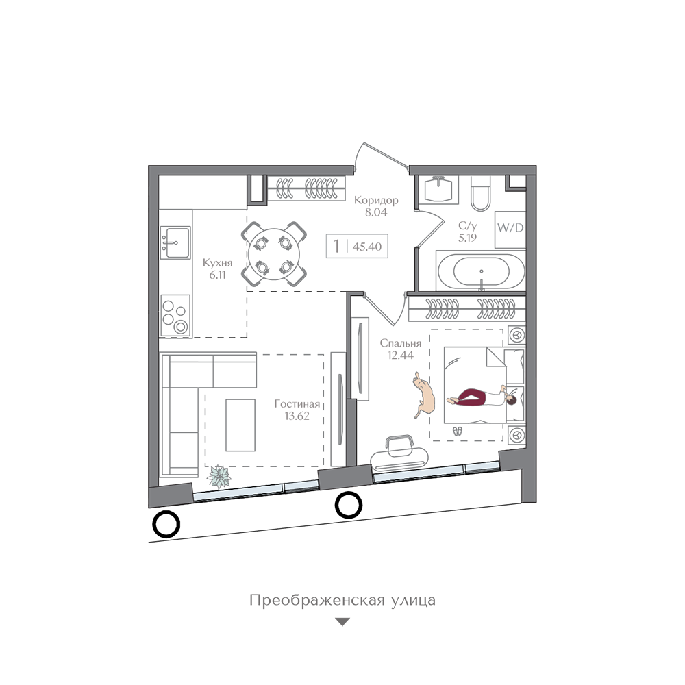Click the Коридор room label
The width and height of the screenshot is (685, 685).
pos(376,200)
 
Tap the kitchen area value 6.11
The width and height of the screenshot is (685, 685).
pos(217,275)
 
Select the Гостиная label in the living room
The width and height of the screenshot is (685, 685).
pos(297,404)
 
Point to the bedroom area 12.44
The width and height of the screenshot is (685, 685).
pos(401,355)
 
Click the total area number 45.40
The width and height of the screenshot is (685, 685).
pos(367,247)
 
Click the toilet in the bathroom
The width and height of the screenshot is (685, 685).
pos(481,194)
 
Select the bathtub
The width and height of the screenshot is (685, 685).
pos(481,271)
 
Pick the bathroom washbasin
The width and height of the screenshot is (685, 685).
pos(438,190)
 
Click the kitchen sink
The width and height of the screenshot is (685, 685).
pos(175,242)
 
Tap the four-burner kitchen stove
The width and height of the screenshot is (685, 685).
pos(175,315)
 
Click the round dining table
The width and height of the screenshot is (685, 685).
pos(274,254)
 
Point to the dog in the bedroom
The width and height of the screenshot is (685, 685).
pos(423,395)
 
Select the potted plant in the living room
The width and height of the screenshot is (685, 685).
pos(219,477)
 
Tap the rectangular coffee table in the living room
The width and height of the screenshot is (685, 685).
pos(240,425)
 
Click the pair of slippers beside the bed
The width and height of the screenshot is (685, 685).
pos(457,432)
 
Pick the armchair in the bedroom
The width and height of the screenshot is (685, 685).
pos(399,453)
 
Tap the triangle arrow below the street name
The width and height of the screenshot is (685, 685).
pos(342,622)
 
